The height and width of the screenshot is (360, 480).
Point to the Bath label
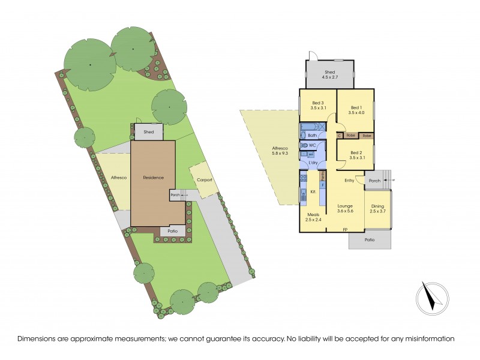point(312,136)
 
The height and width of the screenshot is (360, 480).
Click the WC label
point(313,146)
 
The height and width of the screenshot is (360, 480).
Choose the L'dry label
point(313,163)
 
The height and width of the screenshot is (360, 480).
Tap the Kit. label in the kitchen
point(313,192)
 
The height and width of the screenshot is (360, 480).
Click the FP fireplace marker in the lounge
point(345,230)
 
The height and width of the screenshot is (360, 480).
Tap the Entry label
point(349,180)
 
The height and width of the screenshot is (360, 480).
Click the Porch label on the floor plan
point(374,180)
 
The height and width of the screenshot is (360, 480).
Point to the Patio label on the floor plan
point(370,240)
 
